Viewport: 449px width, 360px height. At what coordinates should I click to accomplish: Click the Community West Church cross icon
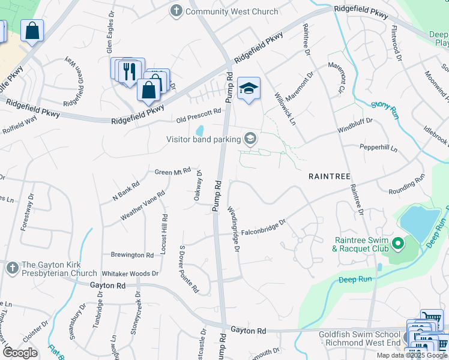[x=176, y=11]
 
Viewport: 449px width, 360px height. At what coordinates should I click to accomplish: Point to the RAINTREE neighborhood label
[x=330, y=176]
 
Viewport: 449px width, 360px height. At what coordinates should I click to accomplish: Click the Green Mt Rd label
[x=172, y=172]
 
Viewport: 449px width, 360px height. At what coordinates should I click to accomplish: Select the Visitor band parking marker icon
[x=250, y=139]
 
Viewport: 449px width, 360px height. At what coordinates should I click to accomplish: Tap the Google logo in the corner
[x=20, y=353]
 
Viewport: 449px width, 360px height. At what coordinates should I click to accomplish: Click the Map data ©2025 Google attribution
[x=412, y=355]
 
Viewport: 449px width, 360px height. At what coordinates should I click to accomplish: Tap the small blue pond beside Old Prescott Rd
[x=200, y=130]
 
